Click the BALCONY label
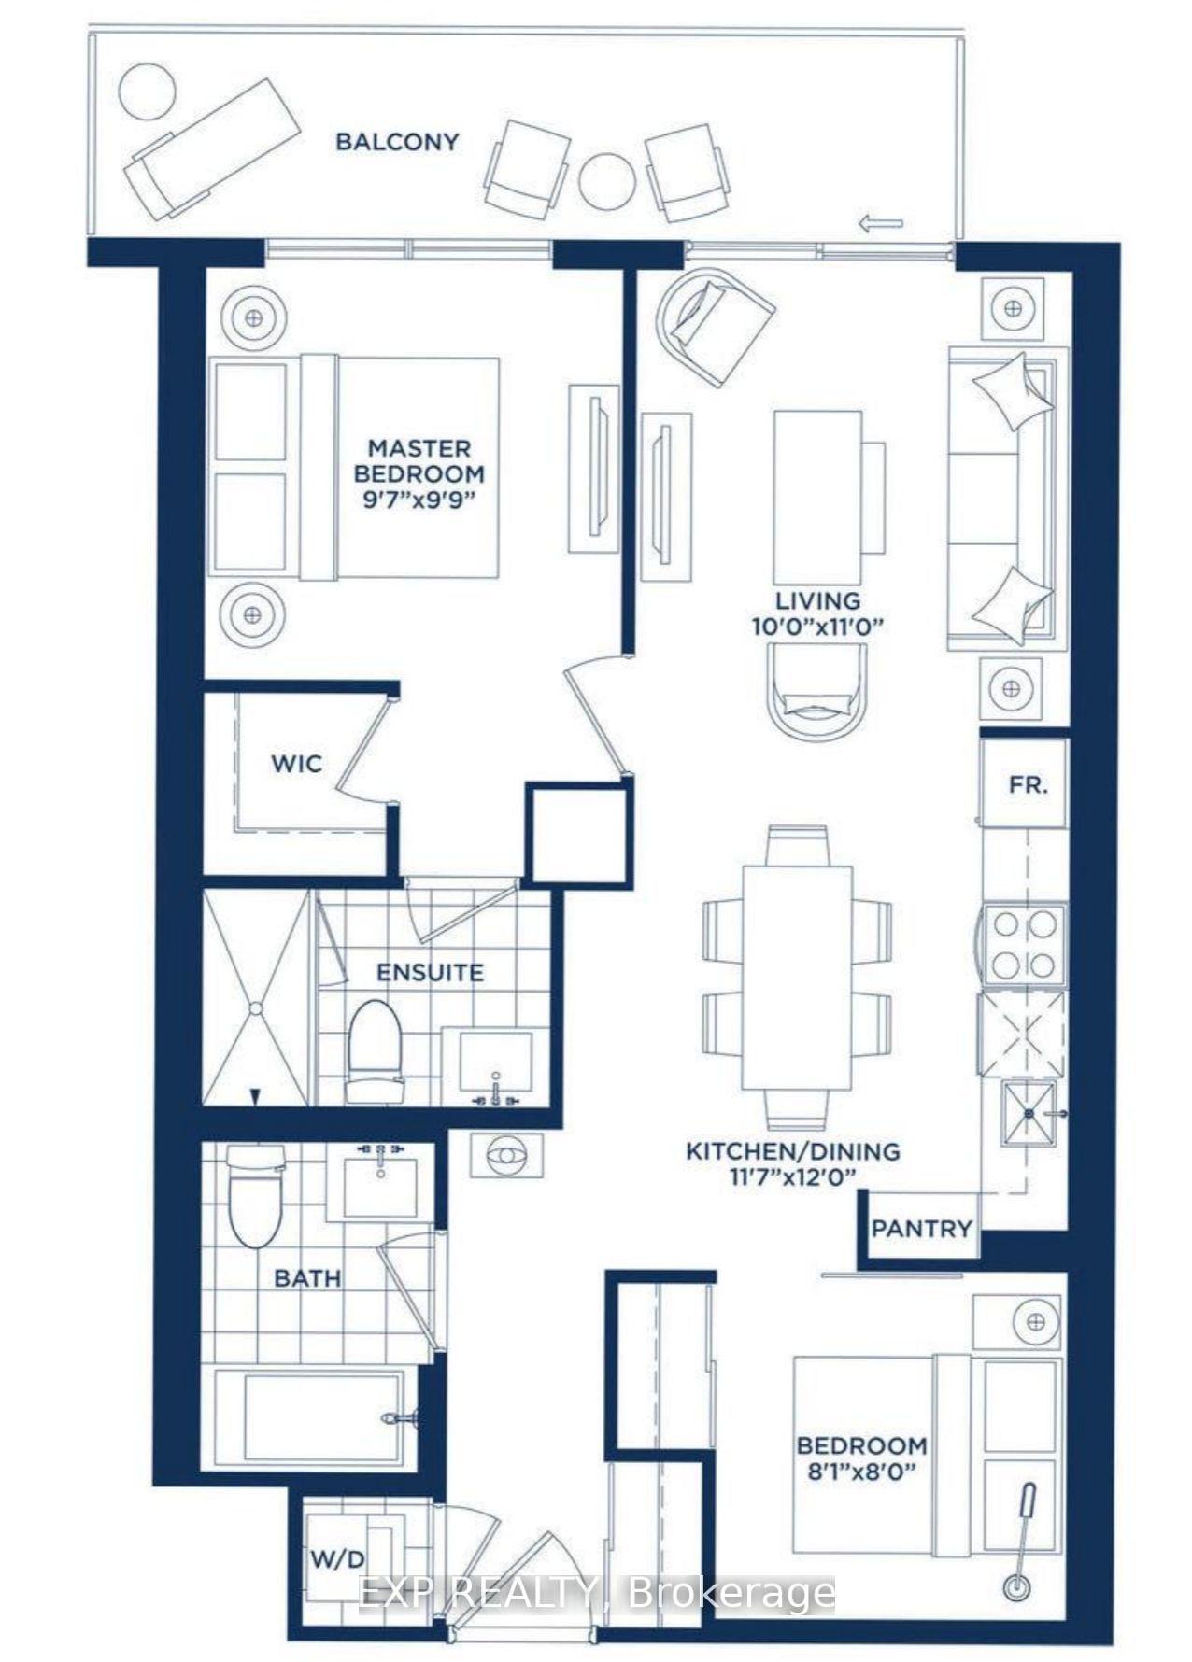tap(397, 142)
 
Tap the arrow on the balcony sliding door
tap(880, 223)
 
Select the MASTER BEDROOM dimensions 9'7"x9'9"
tap(419, 499)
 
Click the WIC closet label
tap(296, 764)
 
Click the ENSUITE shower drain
tap(255, 1007)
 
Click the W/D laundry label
tap(337, 1557)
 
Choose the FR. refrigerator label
tap(1028, 785)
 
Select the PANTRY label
tap(921, 1229)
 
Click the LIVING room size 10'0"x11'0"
tap(817, 627)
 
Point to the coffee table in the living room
tap(817, 497)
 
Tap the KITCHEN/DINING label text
tap(793, 1151)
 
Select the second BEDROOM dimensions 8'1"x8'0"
tap(860, 1471)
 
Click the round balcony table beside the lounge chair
tap(148, 90)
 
